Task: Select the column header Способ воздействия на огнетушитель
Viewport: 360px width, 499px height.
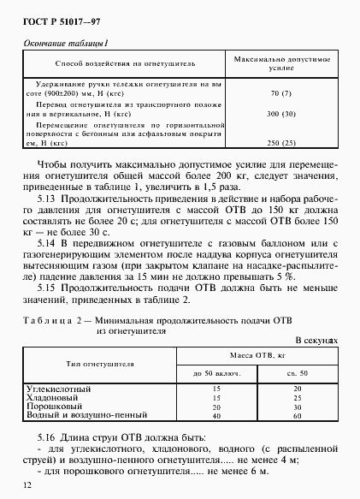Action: (125, 62)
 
